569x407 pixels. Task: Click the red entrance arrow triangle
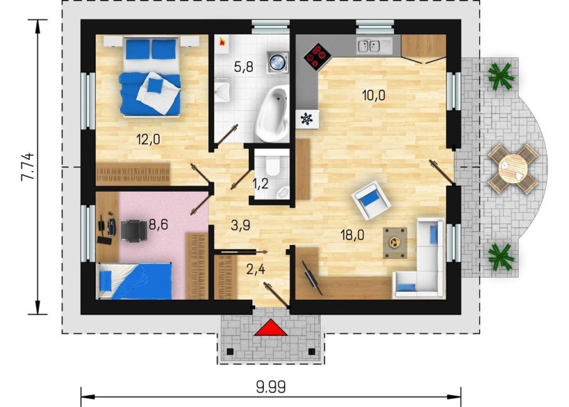pos(271,328)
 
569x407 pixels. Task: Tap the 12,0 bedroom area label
pos(148,139)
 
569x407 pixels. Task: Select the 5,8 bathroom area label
pos(243,67)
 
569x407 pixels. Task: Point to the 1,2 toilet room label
pos(260,184)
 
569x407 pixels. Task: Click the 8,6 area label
pos(158,224)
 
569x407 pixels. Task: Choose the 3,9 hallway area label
pos(241,226)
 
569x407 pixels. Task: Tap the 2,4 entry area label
pos(256,269)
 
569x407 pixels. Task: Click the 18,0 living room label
pos(353,235)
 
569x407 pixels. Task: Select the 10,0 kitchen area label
pos(373,95)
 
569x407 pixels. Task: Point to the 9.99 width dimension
pos(271,387)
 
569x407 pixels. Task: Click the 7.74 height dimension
pos(28,166)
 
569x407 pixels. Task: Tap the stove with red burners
pos(318,57)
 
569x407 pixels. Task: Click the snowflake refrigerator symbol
pos(307,119)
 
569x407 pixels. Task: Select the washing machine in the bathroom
pos(278,61)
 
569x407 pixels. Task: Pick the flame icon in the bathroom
pos(221,42)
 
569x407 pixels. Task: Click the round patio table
pos(513,168)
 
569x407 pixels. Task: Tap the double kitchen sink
pos(369,46)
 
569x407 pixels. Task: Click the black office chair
pos(134,230)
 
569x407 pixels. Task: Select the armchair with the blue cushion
pos(371,201)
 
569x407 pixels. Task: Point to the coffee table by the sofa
pos(395,243)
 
